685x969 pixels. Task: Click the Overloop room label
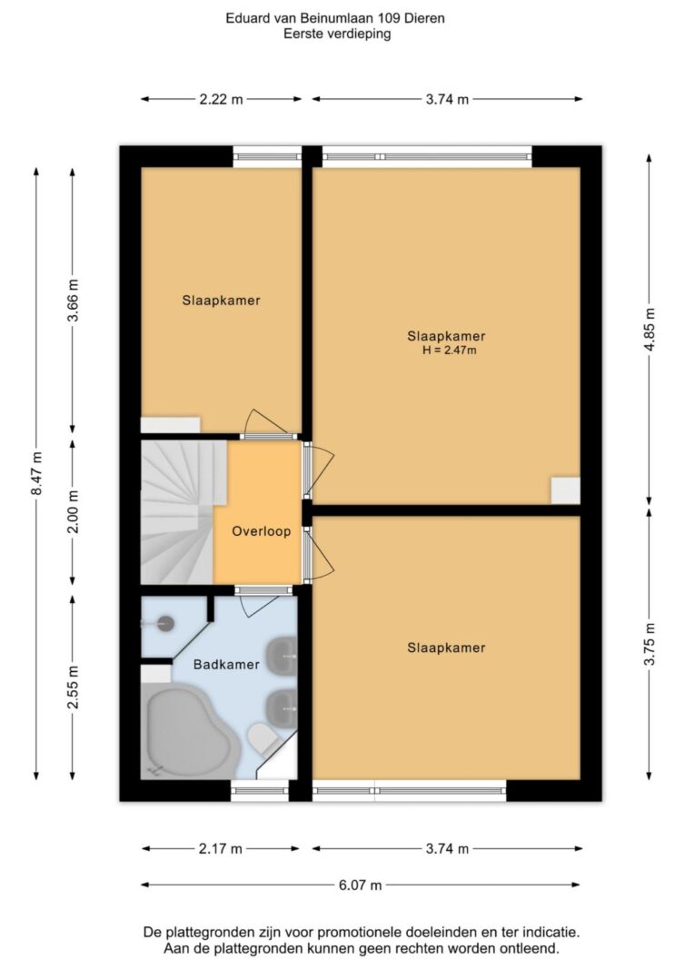tap(261, 531)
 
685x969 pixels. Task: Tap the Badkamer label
tap(226, 665)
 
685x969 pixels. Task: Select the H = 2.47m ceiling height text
tap(450, 351)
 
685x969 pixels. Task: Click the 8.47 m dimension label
tap(38, 473)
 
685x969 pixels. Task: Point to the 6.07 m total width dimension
tap(361, 885)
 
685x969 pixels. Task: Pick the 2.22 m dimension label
tap(222, 99)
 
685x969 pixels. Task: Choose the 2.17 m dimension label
tap(221, 849)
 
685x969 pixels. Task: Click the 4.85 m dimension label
tap(650, 329)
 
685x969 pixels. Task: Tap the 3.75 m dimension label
tap(650, 644)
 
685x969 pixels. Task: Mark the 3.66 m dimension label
tap(74, 301)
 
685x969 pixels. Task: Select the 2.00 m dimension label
tap(74, 511)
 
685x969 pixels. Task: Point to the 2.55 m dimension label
tap(74, 687)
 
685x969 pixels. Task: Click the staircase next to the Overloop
tap(178, 511)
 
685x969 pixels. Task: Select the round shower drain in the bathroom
tap(164, 624)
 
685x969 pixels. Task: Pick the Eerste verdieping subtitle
tap(337, 34)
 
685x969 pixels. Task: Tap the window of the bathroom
tap(260, 791)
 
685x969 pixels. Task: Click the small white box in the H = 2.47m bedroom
tap(566, 490)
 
